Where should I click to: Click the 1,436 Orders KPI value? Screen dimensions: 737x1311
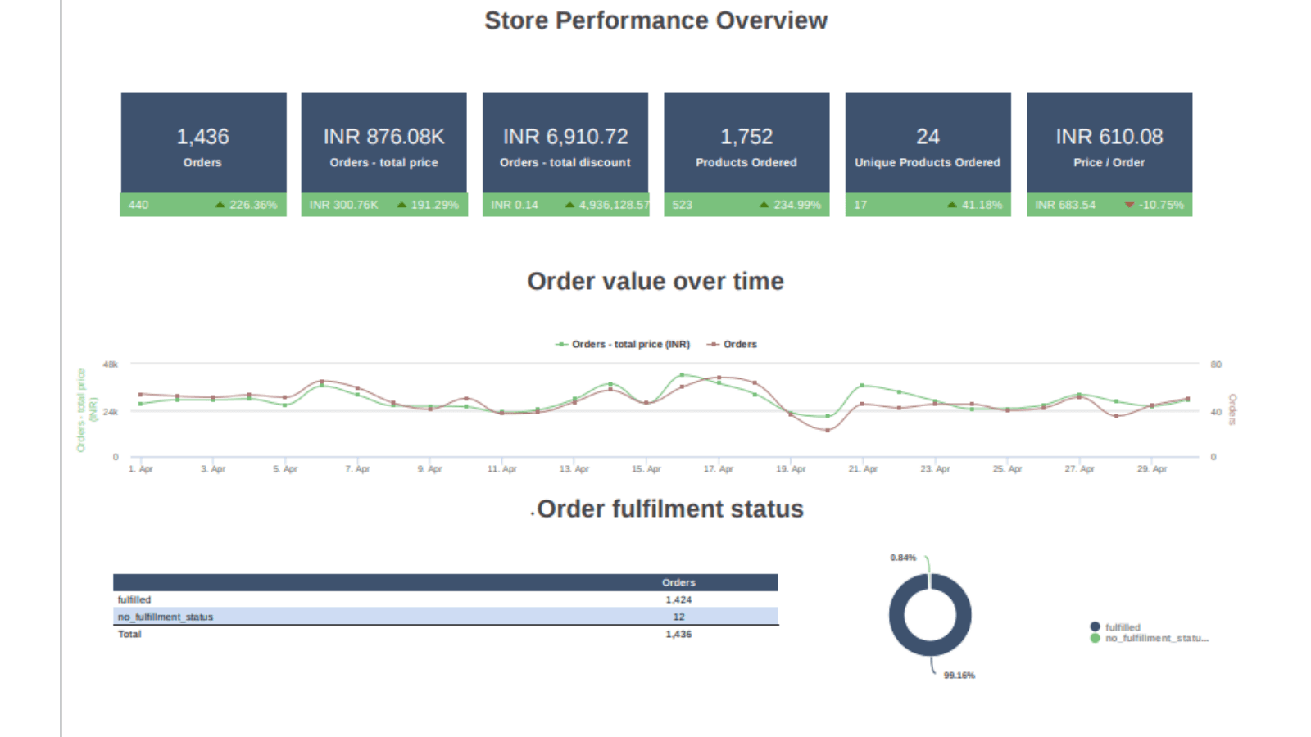click(x=202, y=137)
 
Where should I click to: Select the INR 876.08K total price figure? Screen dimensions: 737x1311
click(x=383, y=137)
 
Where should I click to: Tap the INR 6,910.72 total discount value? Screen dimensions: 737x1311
click(x=565, y=137)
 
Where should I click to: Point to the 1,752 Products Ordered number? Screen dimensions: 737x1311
click(x=746, y=137)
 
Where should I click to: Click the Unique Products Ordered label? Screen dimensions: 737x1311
click(x=928, y=162)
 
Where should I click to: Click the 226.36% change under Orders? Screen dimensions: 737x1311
click(x=252, y=205)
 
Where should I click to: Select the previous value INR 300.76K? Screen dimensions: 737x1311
click(x=343, y=205)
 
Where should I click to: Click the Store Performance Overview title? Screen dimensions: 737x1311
click(x=655, y=20)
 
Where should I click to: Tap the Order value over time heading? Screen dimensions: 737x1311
click(x=655, y=281)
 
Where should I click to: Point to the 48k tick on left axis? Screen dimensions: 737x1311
click(x=110, y=364)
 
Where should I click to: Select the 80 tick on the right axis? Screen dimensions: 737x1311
click(x=1216, y=364)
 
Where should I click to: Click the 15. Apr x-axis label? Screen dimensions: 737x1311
click(x=646, y=469)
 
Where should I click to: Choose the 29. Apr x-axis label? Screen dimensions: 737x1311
click(x=1151, y=469)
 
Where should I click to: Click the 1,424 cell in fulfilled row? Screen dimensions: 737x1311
click(x=678, y=599)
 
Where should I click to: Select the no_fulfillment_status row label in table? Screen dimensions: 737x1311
click(x=166, y=617)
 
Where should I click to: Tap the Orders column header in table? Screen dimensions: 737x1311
click(x=678, y=582)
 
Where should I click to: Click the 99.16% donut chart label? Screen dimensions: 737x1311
click(x=959, y=676)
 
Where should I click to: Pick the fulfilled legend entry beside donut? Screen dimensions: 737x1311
click(x=1122, y=627)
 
